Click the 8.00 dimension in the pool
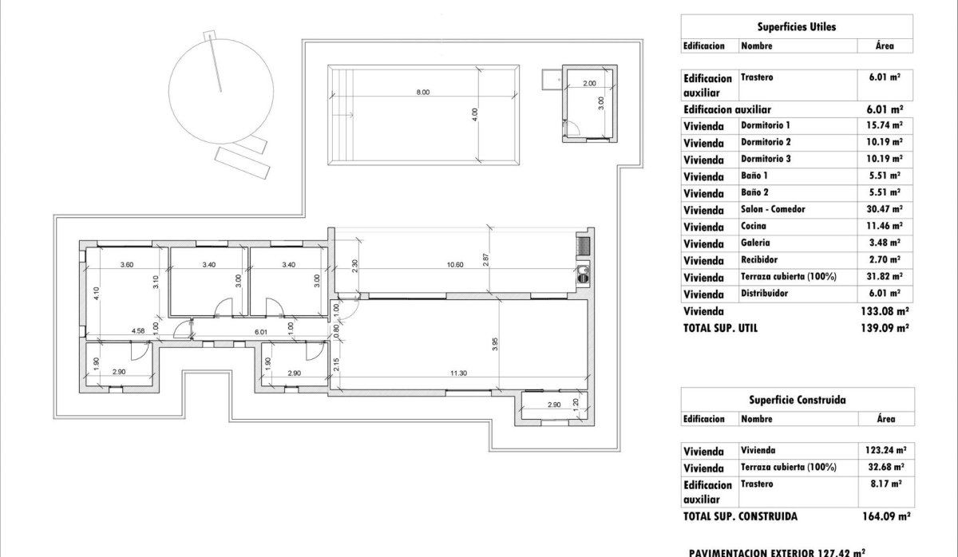pyautogui.click(x=422, y=93)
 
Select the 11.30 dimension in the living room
pyautogui.click(x=457, y=373)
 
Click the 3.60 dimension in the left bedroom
pyautogui.click(x=126, y=264)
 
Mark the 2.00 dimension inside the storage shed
pyautogui.click(x=589, y=83)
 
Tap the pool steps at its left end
pyautogui.click(x=340, y=115)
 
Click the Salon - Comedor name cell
pyautogui.click(x=773, y=210)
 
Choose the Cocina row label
pyautogui.click(x=753, y=227)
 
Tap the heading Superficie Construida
pyautogui.click(x=796, y=399)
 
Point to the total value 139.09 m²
pyautogui.click(x=885, y=327)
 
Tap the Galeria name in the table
pyautogui.click(x=755, y=243)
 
